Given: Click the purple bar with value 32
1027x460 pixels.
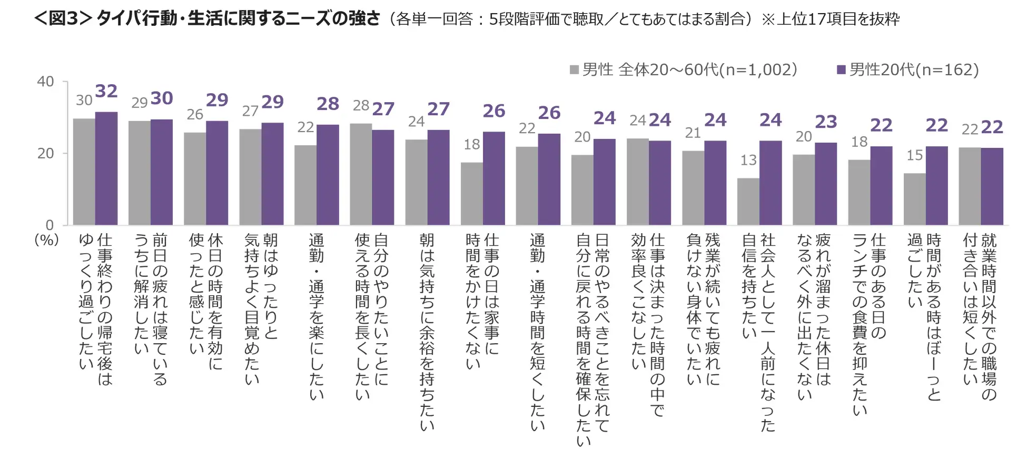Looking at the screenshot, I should [x=106, y=168].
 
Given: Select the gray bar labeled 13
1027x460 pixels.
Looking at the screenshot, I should [x=748, y=202].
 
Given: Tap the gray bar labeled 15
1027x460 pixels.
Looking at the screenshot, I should [x=914, y=199].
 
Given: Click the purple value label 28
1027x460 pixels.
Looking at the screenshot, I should [x=328, y=104].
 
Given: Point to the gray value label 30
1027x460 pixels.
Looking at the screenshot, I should [x=84, y=101].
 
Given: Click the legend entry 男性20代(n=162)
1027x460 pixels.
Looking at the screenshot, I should [x=908, y=69].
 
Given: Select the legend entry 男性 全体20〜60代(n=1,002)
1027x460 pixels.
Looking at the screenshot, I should [x=684, y=69].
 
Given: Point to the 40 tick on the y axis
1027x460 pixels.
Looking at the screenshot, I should [x=45, y=82].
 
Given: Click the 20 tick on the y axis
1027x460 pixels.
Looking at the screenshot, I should [x=45, y=153].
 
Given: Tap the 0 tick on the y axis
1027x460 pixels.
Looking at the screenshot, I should [x=50, y=225].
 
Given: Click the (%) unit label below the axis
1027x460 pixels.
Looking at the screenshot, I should [x=46, y=240].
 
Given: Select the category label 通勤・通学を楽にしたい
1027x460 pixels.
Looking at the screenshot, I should [x=316, y=316].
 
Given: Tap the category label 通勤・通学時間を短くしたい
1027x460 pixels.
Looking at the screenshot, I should [x=537, y=332].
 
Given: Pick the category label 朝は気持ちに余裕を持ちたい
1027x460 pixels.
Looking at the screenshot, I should [x=427, y=332].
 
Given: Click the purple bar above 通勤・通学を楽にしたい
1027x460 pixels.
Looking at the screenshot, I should [x=328, y=175].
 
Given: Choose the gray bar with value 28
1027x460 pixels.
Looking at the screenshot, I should [x=361, y=174].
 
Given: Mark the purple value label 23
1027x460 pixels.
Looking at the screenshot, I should [x=826, y=122].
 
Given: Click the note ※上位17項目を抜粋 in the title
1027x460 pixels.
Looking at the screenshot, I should [x=831, y=19].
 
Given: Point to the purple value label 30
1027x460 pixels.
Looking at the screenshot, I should [x=162, y=98].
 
